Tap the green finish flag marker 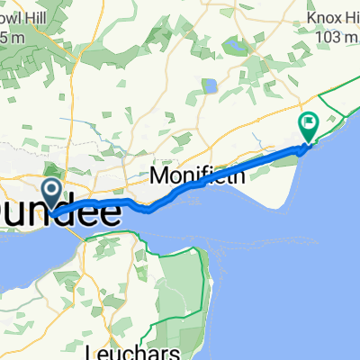(308, 125)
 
